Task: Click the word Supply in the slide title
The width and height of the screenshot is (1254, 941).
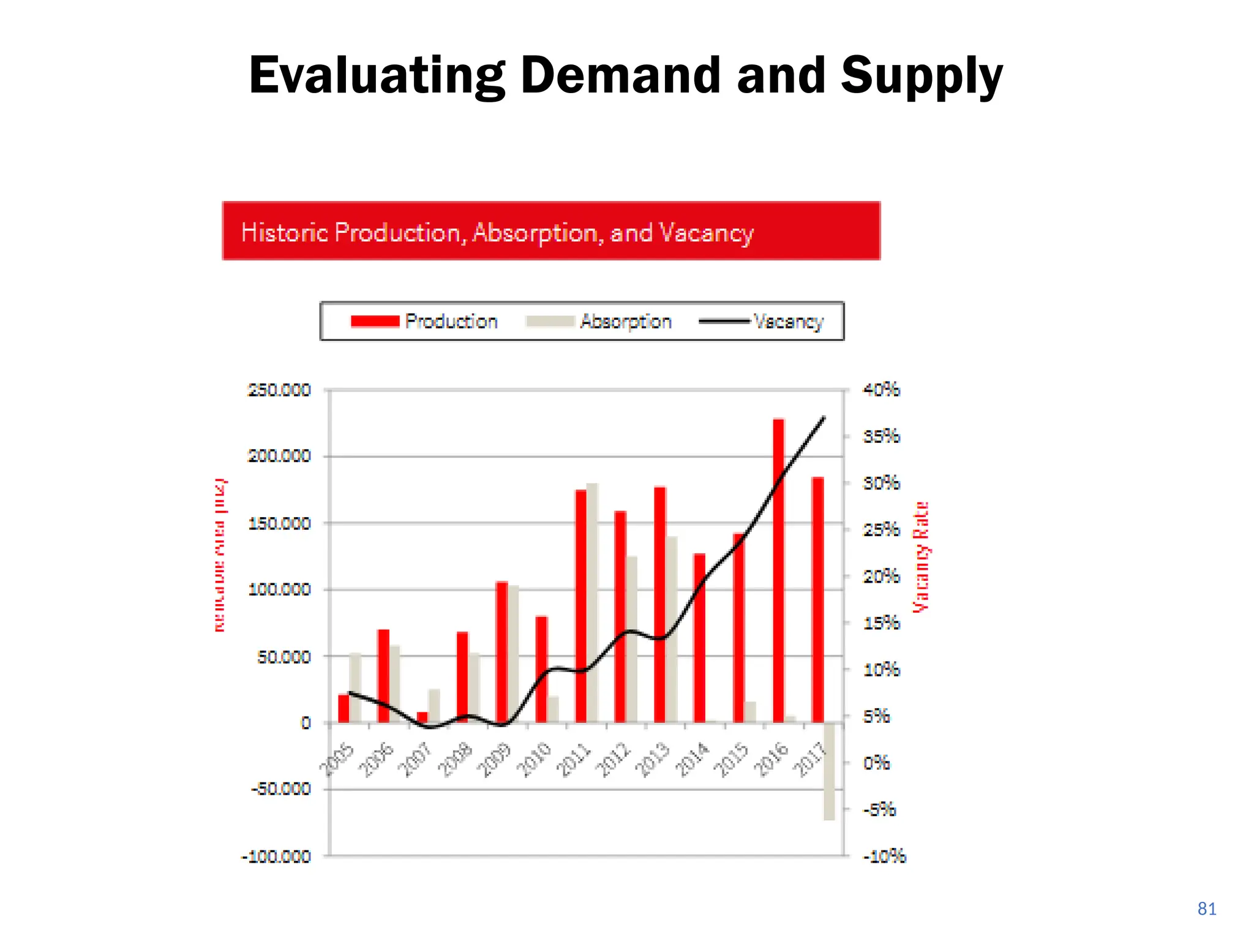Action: pos(921,76)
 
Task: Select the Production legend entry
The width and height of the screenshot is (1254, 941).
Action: pos(424,321)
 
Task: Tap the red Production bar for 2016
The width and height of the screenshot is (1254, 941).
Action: pos(778,570)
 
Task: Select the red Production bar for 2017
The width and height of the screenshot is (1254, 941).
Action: pos(817,600)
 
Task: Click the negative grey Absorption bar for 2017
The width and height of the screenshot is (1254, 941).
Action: pos(829,772)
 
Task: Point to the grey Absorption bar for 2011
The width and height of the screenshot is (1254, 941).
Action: pos(592,603)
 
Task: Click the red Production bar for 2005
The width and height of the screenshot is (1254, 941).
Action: pos(344,708)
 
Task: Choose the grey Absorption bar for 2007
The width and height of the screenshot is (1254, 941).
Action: pos(434,706)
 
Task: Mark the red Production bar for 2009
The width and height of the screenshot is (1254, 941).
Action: pos(501,652)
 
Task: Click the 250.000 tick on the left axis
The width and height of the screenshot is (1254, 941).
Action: pos(279,390)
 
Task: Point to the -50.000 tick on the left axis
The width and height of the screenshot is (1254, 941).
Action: pos(280,788)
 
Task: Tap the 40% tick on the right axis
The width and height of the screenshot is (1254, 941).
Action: pos(881,390)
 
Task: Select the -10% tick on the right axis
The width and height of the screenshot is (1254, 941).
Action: pos(884,856)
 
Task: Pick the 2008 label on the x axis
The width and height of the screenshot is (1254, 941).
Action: pos(457,760)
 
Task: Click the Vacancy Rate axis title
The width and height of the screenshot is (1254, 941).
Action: pos(921,556)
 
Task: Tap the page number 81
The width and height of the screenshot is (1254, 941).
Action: pos(1206,909)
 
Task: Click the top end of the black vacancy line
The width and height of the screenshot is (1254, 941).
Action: pos(824,418)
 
